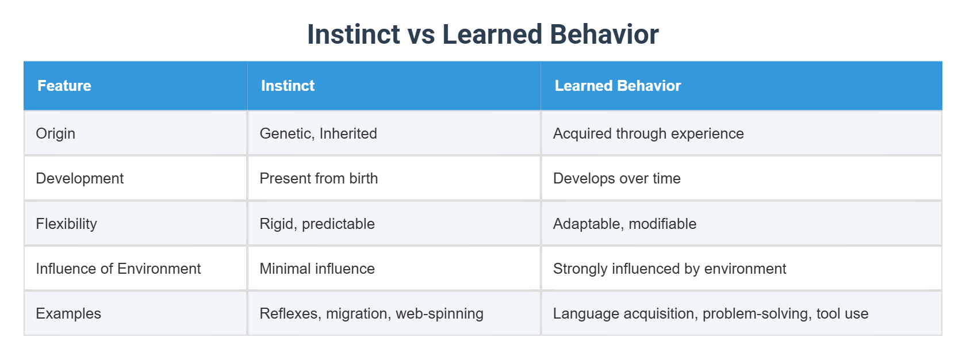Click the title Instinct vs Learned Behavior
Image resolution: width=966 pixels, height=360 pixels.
click(482, 35)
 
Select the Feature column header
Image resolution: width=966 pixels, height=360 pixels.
click(64, 86)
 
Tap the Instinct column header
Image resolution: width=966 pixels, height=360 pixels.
click(287, 86)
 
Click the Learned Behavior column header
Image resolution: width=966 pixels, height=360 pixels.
click(617, 86)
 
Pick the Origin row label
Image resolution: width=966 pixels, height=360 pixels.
click(55, 133)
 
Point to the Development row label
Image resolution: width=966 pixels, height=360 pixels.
click(79, 178)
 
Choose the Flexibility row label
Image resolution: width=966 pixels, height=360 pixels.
click(66, 224)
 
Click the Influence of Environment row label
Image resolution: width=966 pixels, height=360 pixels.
click(118, 269)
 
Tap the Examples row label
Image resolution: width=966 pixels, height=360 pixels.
click(68, 313)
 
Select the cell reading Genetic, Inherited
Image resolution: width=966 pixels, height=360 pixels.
click(318, 133)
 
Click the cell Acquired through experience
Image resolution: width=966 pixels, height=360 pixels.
click(648, 133)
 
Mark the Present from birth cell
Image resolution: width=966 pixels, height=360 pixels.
click(319, 178)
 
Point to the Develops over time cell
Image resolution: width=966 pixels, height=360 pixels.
click(616, 178)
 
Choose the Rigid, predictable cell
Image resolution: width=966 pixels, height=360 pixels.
click(317, 224)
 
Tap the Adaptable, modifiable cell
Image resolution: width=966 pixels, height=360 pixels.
click(624, 224)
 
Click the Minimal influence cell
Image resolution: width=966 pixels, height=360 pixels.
click(317, 269)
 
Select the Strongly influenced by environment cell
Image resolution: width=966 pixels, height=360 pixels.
click(669, 269)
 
